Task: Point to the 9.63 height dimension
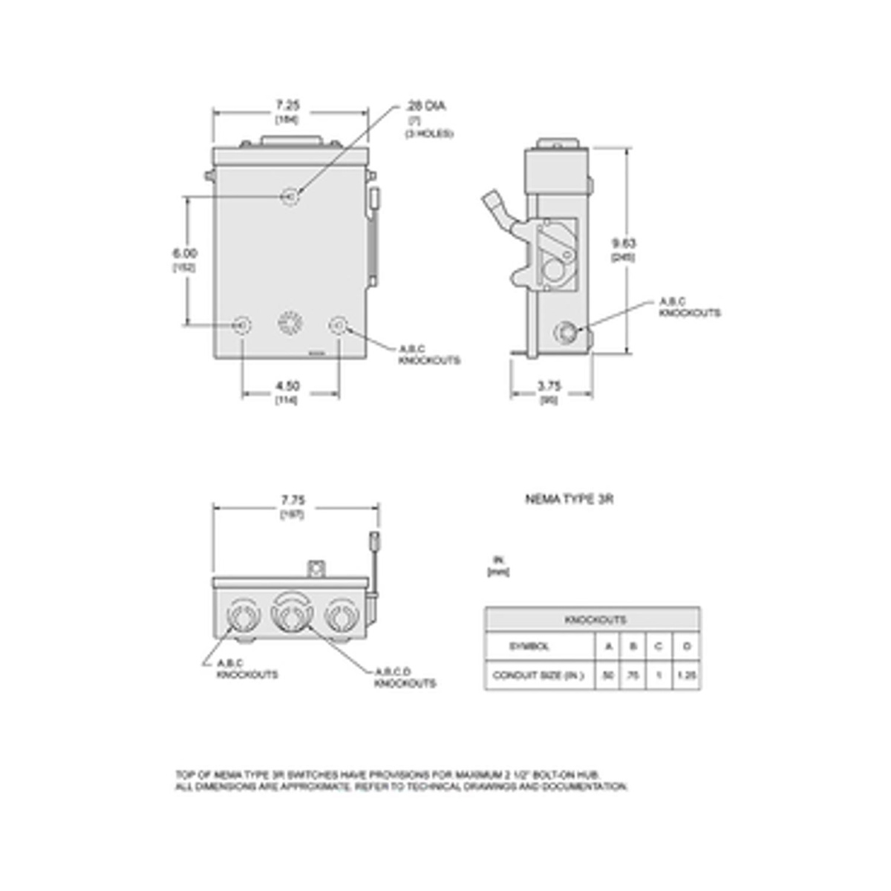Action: [x=624, y=243]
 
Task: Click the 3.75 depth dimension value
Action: [x=549, y=386]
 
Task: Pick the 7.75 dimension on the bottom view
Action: [x=293, y=500]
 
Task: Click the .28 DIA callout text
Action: [x=426, y=106]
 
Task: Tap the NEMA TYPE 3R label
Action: [x=569, y=500]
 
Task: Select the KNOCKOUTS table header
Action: [x=595, y=620]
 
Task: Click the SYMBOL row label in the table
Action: [x=529, y=647]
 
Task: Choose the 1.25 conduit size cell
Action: [x=686, y=676]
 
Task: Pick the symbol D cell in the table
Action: [x=686, y=647]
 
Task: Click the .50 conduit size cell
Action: [x=608, y=676]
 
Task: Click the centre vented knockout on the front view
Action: [x=290, y=324]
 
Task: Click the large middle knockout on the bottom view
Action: [x=290, y=615]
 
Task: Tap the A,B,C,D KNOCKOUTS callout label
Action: [x=405, y=677]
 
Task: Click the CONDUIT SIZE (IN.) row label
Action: [x=538, y=676]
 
